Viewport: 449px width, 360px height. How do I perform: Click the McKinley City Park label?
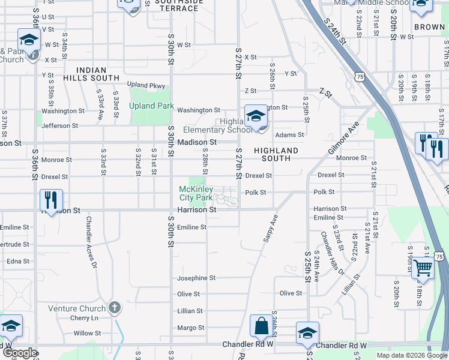coord(196,193)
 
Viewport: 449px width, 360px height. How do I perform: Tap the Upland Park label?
coord(151,106)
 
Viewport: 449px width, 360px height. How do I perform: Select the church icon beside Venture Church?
coord(115,308)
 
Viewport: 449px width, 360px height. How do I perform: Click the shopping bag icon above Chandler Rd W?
coord(262,327)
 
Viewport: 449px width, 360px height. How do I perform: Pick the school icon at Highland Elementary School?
coord(256,116)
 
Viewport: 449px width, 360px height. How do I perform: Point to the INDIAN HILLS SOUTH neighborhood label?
coord(98,74)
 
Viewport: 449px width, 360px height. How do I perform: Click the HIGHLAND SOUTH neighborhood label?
coord(276,154)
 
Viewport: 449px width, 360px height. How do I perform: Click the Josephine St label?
coord(196,278)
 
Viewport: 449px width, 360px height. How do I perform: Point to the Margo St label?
coord(190,328)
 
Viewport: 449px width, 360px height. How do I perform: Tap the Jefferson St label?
coord(61,126)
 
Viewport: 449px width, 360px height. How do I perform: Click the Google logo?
coord(19,353)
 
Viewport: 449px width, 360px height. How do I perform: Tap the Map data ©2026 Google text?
coord(411,355)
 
